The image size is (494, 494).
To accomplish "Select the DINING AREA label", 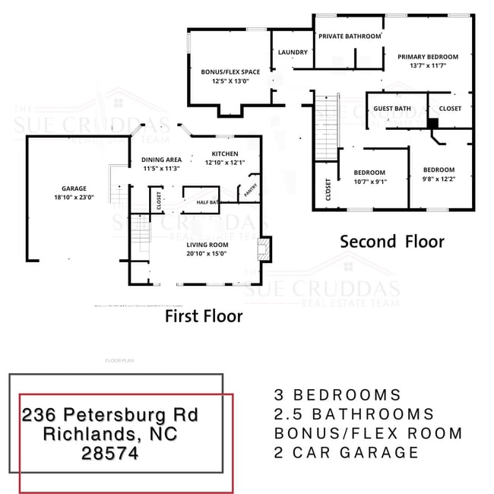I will [x=160, y=160].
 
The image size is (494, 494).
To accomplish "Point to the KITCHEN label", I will [x=225, y=154].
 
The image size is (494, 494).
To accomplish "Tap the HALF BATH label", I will [x=207, y=202].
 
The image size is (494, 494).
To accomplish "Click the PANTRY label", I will [x=249, y=193].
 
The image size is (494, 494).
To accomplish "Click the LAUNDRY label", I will [x=293, y=52].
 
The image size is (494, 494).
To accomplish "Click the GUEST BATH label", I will [x=392, y=109].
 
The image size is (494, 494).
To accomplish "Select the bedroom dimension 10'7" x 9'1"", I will [x=370, y=182].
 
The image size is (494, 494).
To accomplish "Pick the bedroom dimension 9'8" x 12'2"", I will [x=439, y=179].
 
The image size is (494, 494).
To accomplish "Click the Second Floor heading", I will [x=391, y=242].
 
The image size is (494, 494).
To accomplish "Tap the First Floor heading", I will [x=204, y=316].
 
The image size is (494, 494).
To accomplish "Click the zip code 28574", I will [x=109, y=454].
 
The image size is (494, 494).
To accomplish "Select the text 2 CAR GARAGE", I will [x=346, y=452].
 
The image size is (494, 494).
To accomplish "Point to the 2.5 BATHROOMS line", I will [x=353, y=414].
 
